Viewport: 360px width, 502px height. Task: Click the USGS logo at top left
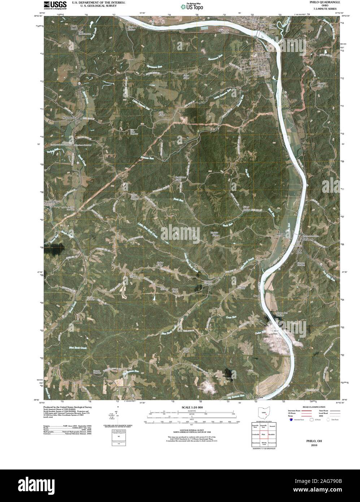coord(55,5)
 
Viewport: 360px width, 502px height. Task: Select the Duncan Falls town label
coord(264,23)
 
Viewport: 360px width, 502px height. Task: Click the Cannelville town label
coord(51,202)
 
